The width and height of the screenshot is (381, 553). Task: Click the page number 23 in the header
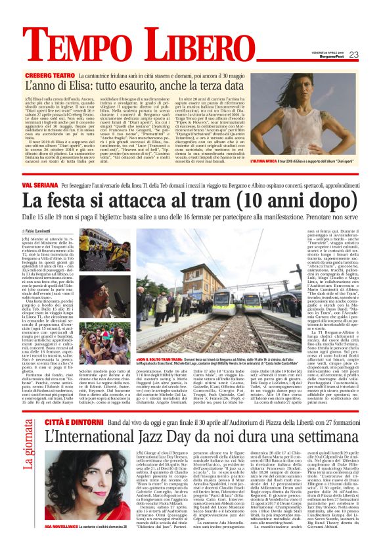click(x=353, y=55)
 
